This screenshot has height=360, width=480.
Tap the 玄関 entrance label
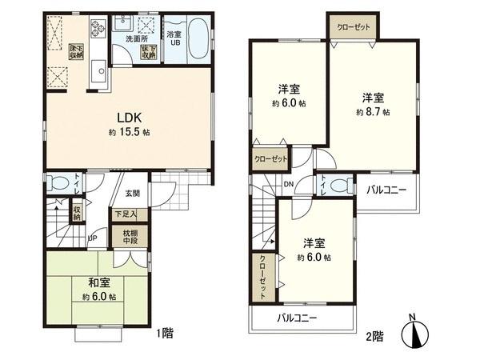point(132,194)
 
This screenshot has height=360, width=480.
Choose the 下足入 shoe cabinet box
point(124,214)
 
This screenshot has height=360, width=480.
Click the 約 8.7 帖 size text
point(373,113)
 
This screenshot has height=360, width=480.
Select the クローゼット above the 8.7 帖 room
point(352,27)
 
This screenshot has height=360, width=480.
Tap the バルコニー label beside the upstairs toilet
point(386,190)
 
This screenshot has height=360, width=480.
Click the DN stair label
point(287,186)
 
